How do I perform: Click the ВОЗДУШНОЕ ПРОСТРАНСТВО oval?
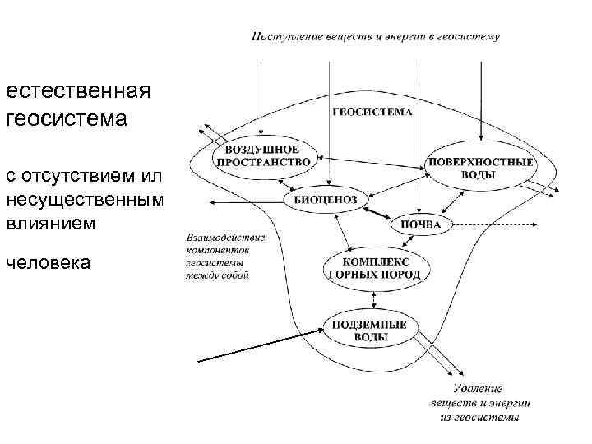(263, 155)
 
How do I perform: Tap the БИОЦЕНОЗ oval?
(330, 200)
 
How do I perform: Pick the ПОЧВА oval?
(421, 224)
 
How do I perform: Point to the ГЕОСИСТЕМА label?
(372, 111)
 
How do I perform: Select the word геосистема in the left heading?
(67, 120)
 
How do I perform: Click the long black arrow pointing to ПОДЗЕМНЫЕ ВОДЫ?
(259, 346)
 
